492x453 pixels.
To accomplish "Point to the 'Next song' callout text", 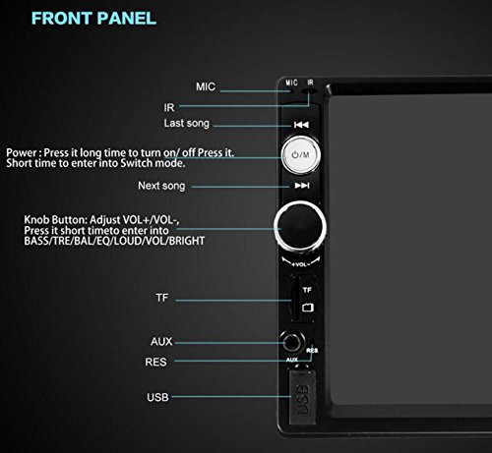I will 187,186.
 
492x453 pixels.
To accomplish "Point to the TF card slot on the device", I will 295,299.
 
